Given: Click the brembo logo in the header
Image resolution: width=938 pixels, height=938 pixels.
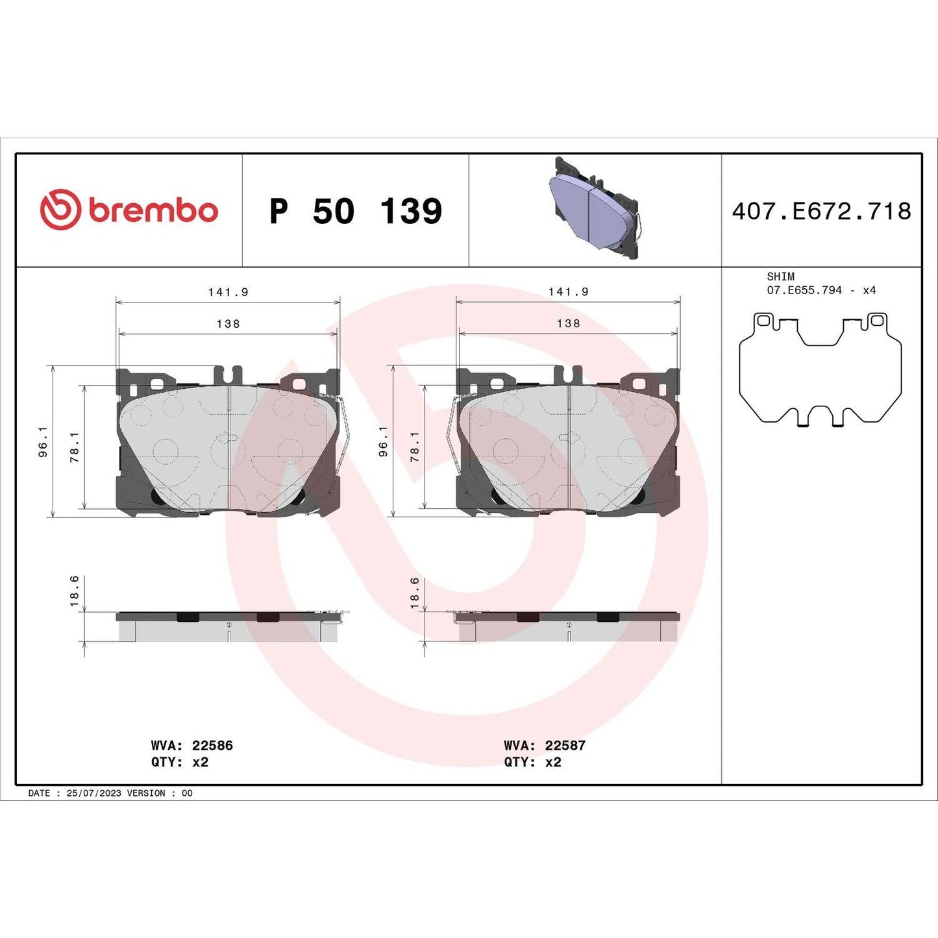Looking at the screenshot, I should coord(129,210).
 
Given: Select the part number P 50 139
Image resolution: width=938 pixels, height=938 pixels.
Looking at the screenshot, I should coord(355,212).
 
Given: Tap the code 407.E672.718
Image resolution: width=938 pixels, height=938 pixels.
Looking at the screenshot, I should coord(821,212).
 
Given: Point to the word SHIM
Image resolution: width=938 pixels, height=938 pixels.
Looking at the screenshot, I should coord(780,277).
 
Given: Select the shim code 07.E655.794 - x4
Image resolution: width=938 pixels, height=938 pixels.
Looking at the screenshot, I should coord(821,290).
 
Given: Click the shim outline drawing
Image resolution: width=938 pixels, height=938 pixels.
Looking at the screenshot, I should coord(820,369).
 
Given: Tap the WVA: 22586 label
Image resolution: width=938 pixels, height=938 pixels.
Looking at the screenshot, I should coord(191,745).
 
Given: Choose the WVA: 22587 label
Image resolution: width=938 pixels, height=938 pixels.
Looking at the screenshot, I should coord(545,745).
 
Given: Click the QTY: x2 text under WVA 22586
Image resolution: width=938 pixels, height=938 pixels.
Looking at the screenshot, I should coord(180,762).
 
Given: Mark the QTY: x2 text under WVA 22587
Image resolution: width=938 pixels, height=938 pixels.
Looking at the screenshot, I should coord(532,762).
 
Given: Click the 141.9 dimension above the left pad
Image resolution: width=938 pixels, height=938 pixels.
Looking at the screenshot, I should coord(228,292).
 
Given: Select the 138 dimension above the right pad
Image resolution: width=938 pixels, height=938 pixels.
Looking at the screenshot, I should coord(568,323).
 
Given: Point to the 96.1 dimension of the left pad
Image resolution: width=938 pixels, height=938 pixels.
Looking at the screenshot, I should coord(43,442).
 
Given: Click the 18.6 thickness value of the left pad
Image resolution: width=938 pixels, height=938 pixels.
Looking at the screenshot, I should coord(74,591).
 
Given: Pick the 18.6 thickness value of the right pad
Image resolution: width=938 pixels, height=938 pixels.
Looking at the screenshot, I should coord(414,593).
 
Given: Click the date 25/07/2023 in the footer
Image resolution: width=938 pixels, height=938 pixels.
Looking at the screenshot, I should coord(93,793).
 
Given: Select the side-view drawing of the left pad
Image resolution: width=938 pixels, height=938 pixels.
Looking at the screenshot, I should coord(227,626).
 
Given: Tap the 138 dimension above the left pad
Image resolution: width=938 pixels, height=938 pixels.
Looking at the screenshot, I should coord(228,323).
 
